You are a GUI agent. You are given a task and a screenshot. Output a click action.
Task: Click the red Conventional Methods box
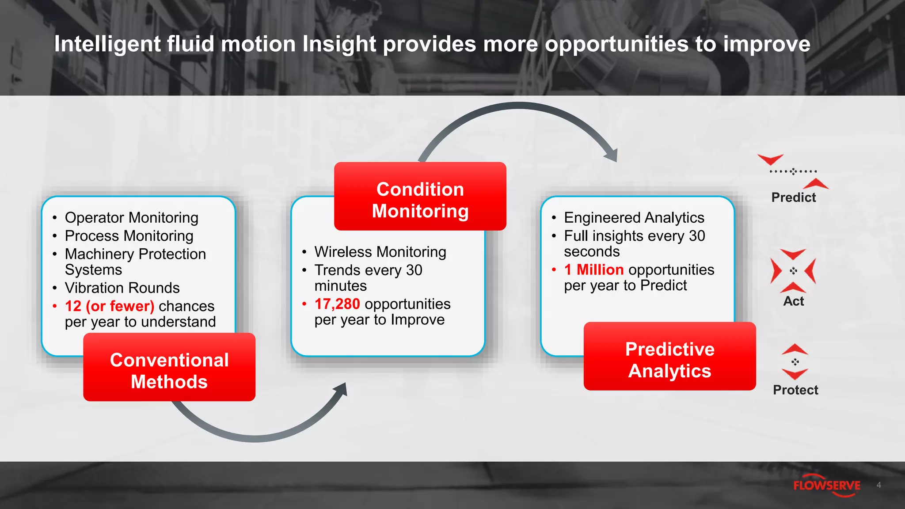(169, 367)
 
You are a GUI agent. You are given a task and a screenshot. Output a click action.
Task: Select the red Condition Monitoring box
(420, 196)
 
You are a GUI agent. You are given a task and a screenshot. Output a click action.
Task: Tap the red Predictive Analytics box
(669, 356)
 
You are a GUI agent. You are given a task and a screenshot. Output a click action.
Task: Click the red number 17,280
(337, 304)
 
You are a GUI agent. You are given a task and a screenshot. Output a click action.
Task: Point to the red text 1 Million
(593, 270)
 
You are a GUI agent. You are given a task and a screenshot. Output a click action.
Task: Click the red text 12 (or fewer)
(109, 306)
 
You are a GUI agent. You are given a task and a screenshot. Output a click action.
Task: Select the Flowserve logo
(826, 486)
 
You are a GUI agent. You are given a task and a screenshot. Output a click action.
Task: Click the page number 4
(878, 485)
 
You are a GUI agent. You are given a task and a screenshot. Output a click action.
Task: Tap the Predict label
(793, 198)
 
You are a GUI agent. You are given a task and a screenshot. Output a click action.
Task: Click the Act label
(793, 301)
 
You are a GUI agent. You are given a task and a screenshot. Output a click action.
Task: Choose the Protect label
(795, 390)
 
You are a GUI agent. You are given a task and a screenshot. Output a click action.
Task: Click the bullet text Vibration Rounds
(122, 288)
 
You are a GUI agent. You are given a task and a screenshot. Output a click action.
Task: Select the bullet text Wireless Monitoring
(380, 252)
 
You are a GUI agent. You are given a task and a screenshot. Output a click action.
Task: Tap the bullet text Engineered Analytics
(634, 218)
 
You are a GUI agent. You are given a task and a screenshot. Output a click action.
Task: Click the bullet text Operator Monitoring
(131, 218)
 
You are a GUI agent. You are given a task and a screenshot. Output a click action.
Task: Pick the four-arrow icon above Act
(793, 270)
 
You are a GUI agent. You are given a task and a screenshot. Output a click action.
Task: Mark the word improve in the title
(766, 44)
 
